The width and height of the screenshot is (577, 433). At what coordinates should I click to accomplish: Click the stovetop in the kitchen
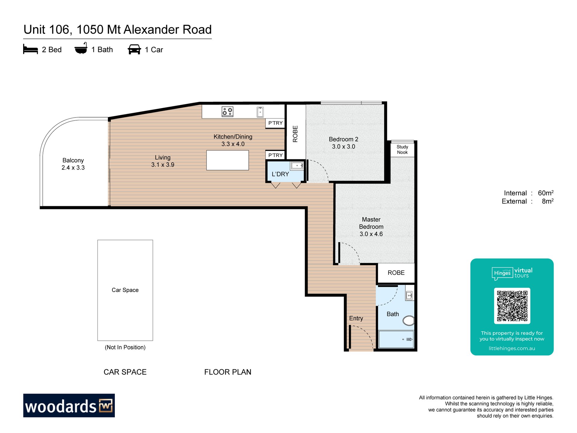point(227,112)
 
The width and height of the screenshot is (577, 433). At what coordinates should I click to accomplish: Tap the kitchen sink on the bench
point(260,112)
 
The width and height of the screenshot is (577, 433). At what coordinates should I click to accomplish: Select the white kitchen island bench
point(227,160)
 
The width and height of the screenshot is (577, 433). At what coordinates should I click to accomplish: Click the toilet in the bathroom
point(409,321)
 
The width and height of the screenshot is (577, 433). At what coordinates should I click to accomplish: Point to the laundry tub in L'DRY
point(297,166)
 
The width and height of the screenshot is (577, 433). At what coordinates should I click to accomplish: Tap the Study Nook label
point(402,149)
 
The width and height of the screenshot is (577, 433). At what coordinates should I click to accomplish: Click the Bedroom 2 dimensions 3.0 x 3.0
point(343,146)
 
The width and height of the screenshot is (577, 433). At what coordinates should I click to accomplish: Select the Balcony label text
point(73,160)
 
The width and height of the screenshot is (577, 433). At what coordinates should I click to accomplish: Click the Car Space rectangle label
point(125,290)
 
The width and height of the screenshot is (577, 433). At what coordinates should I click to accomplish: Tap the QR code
point(512,306)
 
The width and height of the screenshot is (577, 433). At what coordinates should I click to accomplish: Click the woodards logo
point(69,405)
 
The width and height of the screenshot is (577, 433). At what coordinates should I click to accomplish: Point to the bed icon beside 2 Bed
point(30,49)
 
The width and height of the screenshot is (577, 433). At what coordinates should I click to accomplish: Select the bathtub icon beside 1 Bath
point(81,48)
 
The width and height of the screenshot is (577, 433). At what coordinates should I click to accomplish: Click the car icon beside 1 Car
point(134,49)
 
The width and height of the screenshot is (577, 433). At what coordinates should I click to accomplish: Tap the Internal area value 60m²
point(546,193)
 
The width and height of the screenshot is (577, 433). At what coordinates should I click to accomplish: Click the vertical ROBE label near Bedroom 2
point(295,134)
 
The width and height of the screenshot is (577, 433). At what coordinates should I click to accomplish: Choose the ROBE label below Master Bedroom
point(396,273)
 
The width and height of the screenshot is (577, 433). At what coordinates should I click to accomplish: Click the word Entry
point(356,318)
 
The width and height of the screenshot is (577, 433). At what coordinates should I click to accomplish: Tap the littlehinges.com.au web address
point(512,348)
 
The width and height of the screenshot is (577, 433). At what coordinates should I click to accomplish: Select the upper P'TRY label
point(276,123)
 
